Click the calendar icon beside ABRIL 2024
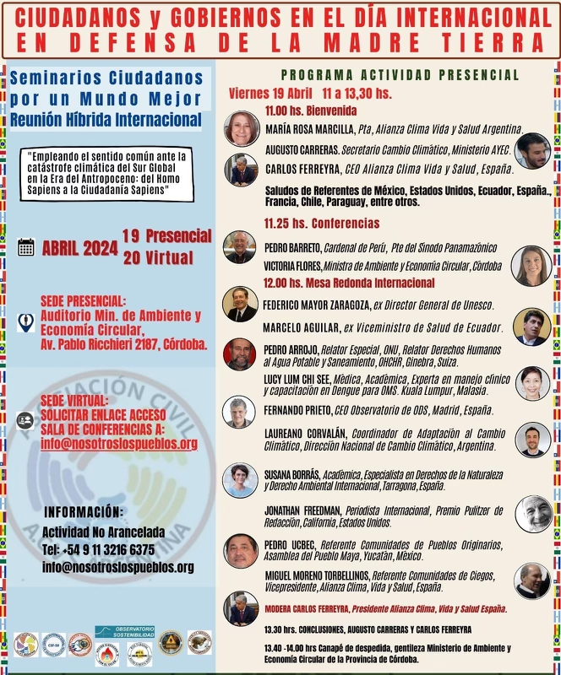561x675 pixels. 26,246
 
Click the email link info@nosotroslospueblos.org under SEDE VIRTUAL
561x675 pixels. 119,444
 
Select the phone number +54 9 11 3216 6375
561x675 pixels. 98,549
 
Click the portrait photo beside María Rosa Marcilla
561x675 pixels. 242,128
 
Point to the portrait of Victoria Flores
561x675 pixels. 531,265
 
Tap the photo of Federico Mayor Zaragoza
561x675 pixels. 240,304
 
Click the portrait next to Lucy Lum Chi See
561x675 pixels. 532,383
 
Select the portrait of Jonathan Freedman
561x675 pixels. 533,513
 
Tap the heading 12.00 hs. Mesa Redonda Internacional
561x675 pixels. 349,283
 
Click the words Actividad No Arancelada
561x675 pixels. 104,532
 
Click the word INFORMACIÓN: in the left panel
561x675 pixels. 83,512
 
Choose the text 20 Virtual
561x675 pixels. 158,257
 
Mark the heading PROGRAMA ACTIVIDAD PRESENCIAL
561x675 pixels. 400,75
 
